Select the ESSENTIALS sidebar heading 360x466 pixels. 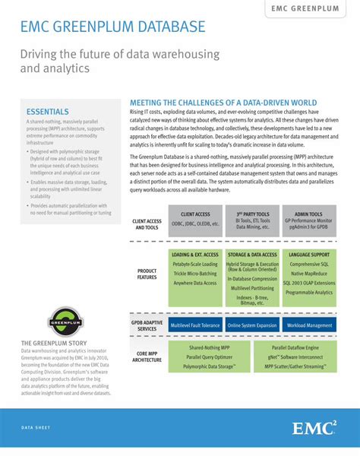(x=48, y=111)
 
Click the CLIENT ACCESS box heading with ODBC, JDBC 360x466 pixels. (x=195, y=214)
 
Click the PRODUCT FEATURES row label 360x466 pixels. (x=147, y=274)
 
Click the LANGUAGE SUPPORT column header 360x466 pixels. (x=309, y=254)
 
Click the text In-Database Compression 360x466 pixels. (x=252, y=279)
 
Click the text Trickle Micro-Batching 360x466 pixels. (x=194, y=273)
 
